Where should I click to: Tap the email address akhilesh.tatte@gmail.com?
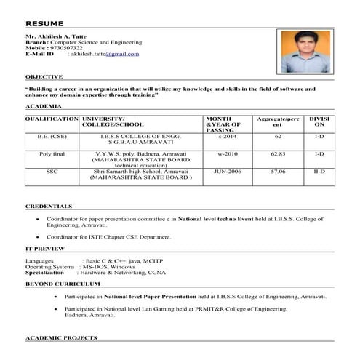click(x=104, y=54)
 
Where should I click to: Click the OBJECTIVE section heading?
click(x=44, y=76)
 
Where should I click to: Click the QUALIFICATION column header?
click(x=52, y=118)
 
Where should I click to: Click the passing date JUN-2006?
click(x=225, y=171)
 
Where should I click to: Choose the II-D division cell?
click(x=319, y=171)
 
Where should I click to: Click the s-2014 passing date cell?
click(x=227, y=136)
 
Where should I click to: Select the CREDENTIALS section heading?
click(x=49, y=206)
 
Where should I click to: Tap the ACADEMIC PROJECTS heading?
click(x=61, y=338)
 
